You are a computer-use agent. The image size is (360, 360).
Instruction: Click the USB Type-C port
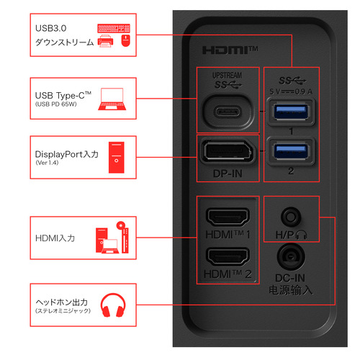pyautogui.click(x=228, y=112)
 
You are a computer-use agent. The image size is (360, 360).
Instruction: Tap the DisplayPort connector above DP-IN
pyautogui.click(x=228, y=152)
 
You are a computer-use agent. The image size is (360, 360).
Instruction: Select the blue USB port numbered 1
pyautogui.click(x=291, y=112)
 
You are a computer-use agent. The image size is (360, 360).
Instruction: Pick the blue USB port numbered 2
pyautogui.click(x=291, y=152)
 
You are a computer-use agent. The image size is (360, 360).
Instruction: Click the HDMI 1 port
pyautogui.click(x=228, y=217)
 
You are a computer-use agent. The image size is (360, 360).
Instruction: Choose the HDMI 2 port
pyautogui.click(x=228, y=256)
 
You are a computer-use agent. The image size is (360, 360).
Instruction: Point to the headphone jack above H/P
pyautogui.click(x=291, y=217)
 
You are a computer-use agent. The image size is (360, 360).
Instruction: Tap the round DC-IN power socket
pyautogui.click(x=291, y=257)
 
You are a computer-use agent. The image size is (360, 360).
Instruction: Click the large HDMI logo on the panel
pyautogui.click(x=230, y=50)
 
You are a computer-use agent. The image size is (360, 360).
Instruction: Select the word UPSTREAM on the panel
pyautogui.click(x=227, y=76)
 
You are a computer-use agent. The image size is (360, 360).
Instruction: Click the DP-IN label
pyautogui.click(x=228, y=174)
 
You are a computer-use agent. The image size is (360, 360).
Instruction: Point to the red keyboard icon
pyautogui.click(x=114, y=28)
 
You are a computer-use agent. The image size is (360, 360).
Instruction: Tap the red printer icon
pyautogui.click(x=106, y=41)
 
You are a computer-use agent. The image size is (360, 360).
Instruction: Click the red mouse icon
pyautogui.click(x=125, y=40)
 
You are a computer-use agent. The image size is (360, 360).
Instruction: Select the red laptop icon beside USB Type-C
pyautogui.click(x=112, y=99)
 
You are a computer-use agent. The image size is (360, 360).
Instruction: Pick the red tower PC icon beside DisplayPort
pyautogui.click(x=117, y=158)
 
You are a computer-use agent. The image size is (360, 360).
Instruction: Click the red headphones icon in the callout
pyautogui.click(x=113, y=305)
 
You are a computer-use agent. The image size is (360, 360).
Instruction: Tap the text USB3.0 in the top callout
pyautogui.click(x=50, y=28)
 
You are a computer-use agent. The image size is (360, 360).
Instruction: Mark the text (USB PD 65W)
pyautogui.click(x=56, y=104)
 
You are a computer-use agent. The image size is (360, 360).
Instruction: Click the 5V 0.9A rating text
pyautogui.click(x=291, y=91)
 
